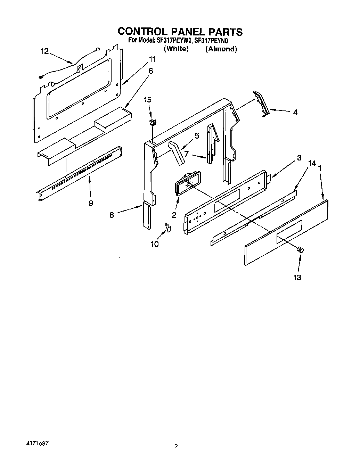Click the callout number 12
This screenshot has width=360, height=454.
point(44,51)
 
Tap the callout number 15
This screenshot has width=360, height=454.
point(148,100)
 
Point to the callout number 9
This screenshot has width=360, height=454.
point(91,203)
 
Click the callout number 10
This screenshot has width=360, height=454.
point(155,244)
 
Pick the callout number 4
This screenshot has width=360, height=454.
point(295,113)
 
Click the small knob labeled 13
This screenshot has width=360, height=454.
point(300,249)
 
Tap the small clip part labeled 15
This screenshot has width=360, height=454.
point(152,122)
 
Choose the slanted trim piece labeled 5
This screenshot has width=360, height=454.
point(177,153)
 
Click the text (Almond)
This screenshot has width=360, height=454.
point(221,49)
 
